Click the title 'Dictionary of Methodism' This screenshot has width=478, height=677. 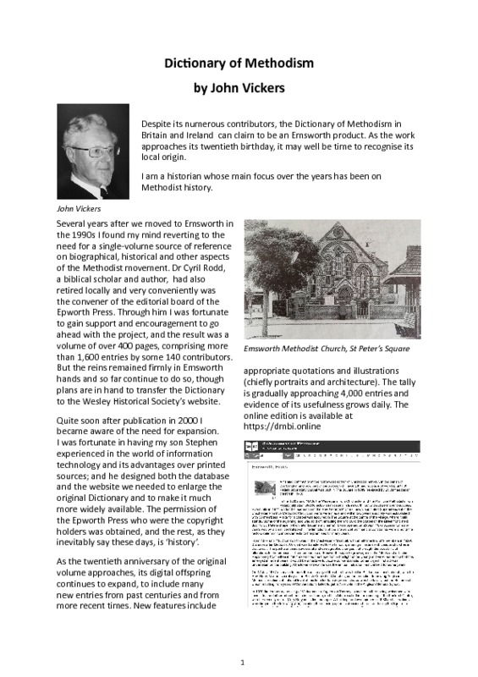click(239, 63)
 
